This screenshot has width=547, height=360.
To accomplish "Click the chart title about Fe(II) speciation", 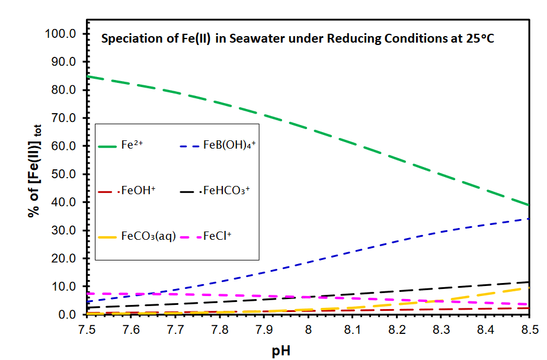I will click(298, 39).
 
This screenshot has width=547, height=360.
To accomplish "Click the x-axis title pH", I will click(281, 350).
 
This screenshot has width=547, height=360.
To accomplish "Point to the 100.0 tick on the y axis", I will click(61, 34).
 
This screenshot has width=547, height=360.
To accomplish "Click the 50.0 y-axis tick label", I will click(63, 174).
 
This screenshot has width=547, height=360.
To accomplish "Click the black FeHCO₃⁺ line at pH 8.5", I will click(527, 282).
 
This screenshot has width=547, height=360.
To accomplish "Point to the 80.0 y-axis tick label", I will click(63, 90).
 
